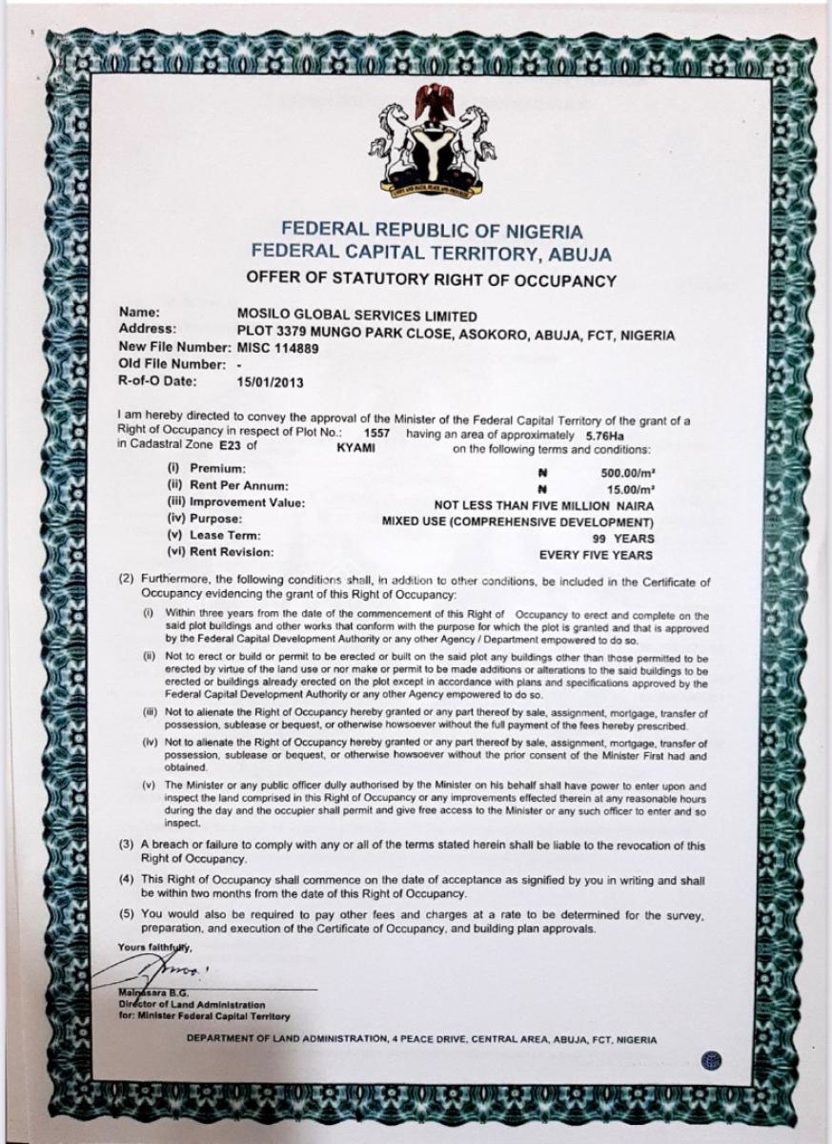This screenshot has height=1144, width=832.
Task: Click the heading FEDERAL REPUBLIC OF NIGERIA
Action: click(x=433, y=232)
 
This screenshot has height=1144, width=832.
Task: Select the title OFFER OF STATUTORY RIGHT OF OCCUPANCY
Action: click(x=432, y=280)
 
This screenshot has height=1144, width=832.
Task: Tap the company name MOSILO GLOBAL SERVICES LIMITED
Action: click(x=356, y=316)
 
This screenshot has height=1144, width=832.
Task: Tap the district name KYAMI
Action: click(x=355, y=447)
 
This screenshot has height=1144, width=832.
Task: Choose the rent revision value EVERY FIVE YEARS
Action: click(x=596, y=554)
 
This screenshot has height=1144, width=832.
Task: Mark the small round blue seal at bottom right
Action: click(x=710, y=1059)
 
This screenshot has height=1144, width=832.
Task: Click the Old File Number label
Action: click(x=172, y=364)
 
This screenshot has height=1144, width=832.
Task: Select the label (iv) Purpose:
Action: click(x=205, y=520)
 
